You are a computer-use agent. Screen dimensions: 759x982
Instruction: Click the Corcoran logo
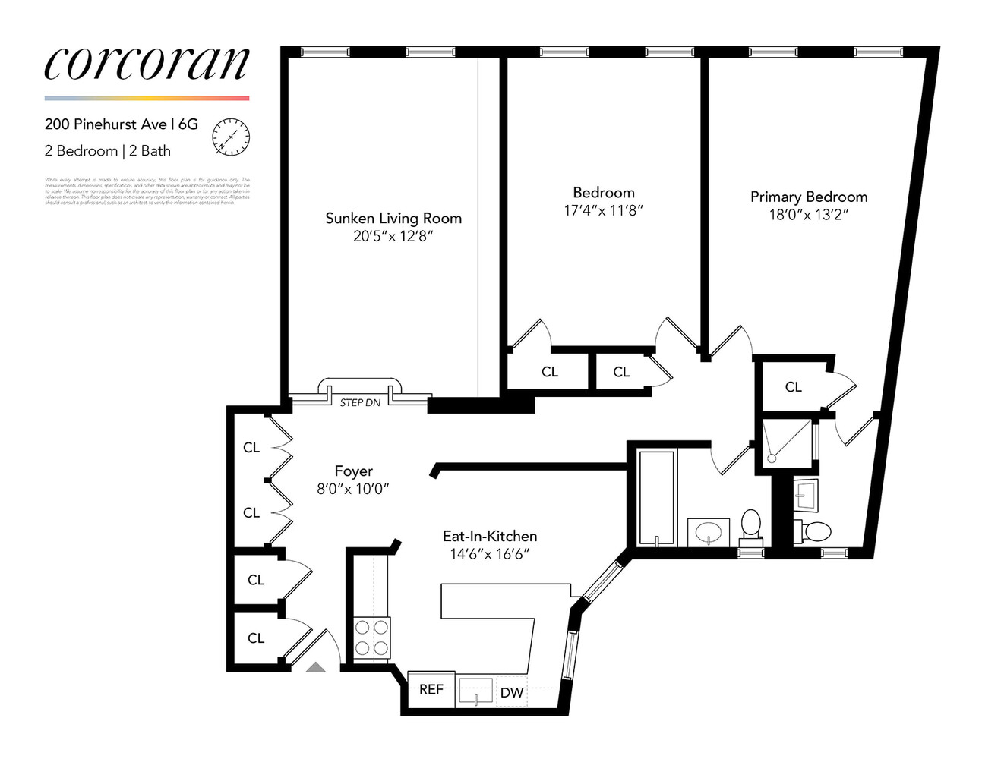pyautogui.click(x=147, y=64)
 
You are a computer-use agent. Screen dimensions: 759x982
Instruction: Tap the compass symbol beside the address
pyautogui.click(x=231, y=137)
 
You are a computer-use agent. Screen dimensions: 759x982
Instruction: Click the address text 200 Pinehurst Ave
pyautogui.click(x=105, y=124)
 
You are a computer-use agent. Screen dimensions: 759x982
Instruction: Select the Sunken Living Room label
pyautogui.click(x=393, y=219)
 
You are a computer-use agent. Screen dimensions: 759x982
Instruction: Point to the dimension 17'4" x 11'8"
pyautogui.click(x=603, y=211)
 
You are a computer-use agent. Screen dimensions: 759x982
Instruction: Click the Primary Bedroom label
pyautogui.click(x=808, y=197)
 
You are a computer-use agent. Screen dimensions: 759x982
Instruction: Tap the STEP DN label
pyautogui.click(x=360, y=402)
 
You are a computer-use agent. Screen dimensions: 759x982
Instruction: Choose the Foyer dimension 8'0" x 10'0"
pyautogui.click(x=352, y=490)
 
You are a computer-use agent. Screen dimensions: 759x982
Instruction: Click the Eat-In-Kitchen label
pyautogui.click(x=489, y=537)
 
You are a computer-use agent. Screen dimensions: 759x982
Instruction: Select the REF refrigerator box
pyautogui.click(x=431, y=689)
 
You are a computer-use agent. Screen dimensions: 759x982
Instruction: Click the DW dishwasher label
pyautogui.click(x=511, y=693)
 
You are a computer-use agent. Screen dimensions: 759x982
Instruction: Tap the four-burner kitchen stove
pyautogui.click(x=372, y=638)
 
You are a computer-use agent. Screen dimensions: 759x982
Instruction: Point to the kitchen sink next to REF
pyautogui.click(x=475, y=691)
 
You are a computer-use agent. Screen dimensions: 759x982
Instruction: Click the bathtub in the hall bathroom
pyautogui.click(x=656, y=498)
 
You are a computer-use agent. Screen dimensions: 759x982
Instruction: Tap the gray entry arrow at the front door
pyautogui.click(x=315, y=666)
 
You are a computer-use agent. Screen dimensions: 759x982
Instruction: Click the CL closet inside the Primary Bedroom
pyautogui.click(x=793, y=387)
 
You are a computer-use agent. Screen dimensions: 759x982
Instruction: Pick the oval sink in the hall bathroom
pyautogui.click(x=709, y=531)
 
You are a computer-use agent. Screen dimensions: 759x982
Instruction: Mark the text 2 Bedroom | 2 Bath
pyautogui.click(x=107, y=151)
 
